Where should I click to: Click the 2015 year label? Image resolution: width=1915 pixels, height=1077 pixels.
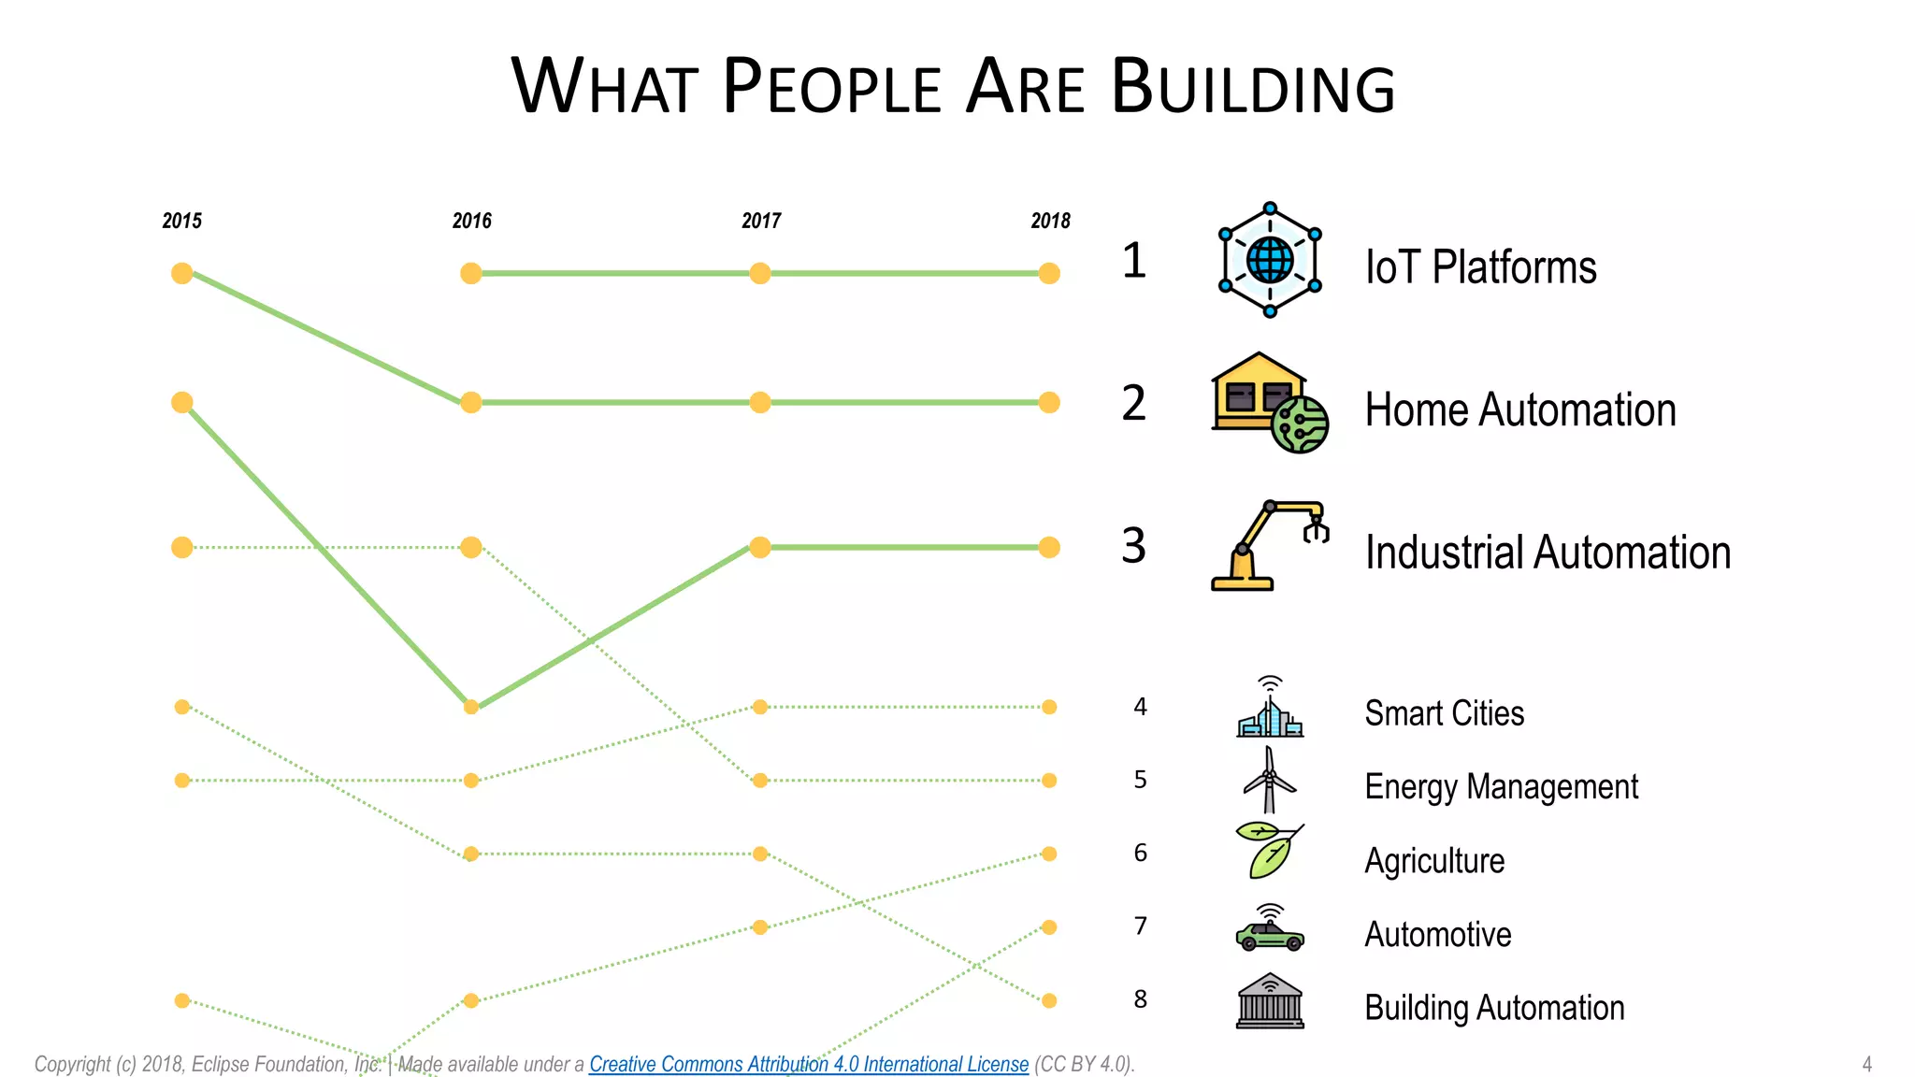(x=181, y=221)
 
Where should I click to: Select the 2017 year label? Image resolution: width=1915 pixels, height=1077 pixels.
(x=761, y=221)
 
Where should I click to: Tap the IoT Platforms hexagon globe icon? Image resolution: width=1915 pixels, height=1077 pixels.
(x=1270, y=260)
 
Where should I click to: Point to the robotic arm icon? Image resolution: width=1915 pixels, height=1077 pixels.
(x=1269, y=546)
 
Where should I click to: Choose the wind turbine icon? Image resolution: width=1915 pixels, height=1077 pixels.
(x=1269, y=780)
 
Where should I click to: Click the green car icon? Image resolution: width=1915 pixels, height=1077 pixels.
(x=1269, y=929)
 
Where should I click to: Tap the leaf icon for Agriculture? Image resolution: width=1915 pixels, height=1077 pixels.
(x=1269, y=851)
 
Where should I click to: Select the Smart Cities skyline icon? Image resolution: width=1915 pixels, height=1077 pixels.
(x=1269, y=709)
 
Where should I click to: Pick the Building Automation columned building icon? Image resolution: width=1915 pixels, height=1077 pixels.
(x=1269, y=1001)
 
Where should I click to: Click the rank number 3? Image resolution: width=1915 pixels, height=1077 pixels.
(x=1133, y=546)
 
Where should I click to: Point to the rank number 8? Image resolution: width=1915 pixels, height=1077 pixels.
(x=1140, y=999)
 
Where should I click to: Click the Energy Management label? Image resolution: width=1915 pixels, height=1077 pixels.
(x=1501, y=787)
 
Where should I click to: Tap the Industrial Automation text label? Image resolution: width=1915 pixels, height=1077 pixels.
(x=1548, y=553)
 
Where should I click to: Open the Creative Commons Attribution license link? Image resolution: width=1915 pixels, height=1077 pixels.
(x=808, y=1064)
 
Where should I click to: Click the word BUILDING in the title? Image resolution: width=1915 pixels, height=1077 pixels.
(x=1253, y=87)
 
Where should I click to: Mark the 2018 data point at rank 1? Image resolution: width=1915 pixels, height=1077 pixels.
(x=1049, y=273)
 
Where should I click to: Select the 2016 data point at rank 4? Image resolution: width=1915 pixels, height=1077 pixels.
(x=471, y=707)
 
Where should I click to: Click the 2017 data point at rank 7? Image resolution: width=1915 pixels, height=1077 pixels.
(x=760, y=927)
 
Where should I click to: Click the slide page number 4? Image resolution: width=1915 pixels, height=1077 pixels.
(x=1866, y=1064)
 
